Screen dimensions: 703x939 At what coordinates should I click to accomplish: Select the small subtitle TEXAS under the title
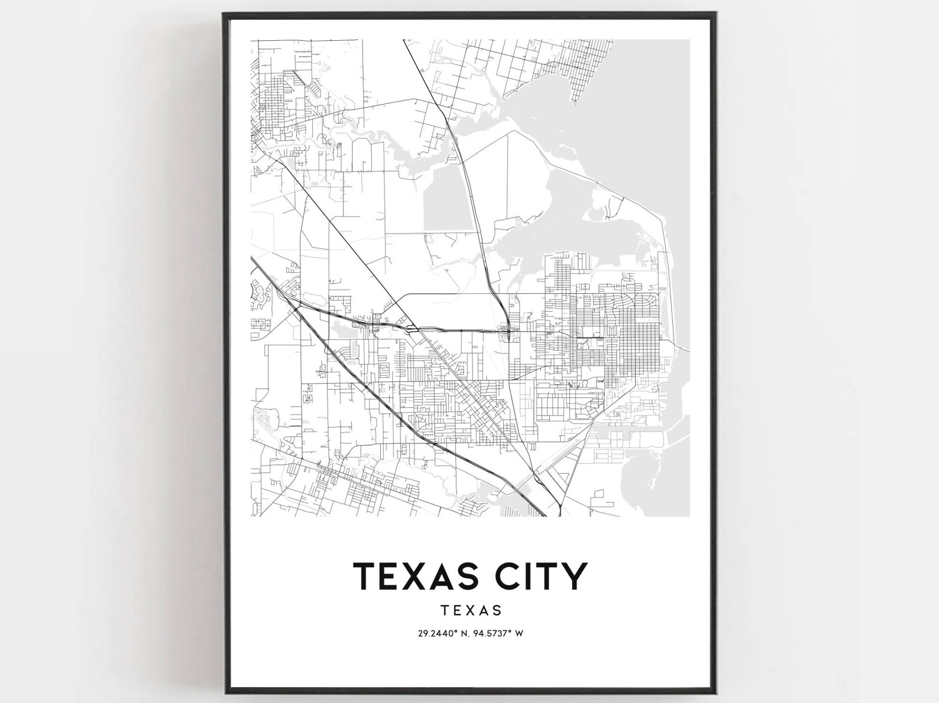tap(471, 610)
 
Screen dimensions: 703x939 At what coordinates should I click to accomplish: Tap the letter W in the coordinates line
tap(519, 633)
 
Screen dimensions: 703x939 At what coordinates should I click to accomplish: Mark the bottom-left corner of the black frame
tap(225, 690)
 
